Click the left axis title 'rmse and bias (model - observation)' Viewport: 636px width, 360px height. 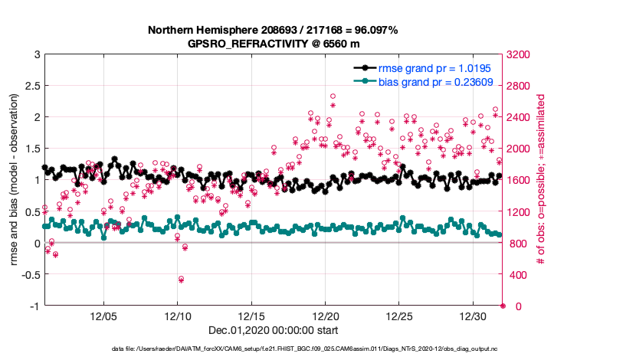pos(15,180)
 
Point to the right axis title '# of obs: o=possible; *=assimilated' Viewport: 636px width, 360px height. pos(541,180)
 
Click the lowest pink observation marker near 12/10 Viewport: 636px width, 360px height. pos(181,280)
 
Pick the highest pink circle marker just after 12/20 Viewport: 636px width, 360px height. pos(333,97)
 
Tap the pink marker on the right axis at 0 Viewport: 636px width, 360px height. pos(503,306)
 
